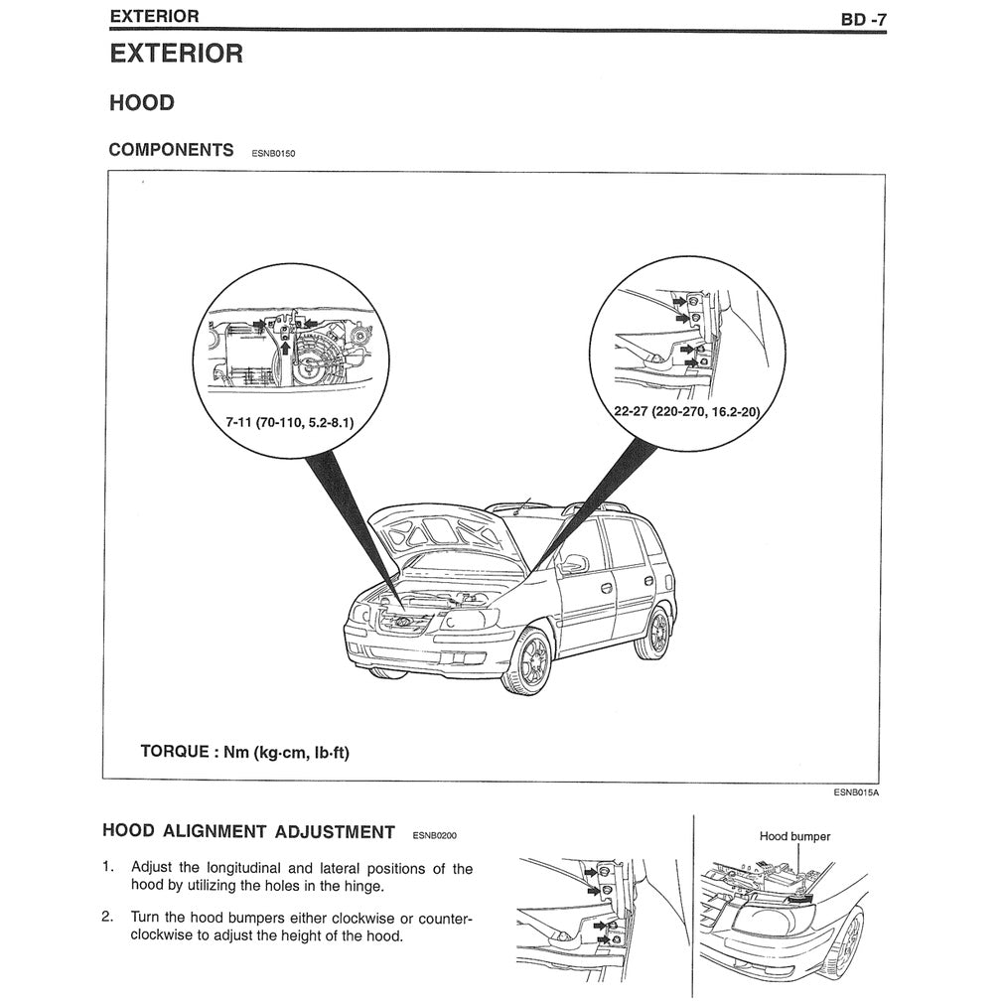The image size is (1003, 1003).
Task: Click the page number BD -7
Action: (x=862, y=18)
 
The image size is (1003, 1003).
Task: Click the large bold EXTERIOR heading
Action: (x=176, y=54)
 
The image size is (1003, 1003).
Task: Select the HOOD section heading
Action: (x=141, y=103)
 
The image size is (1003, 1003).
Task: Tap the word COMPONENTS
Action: (x=171, y=150)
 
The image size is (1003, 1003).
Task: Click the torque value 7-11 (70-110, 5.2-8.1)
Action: (x=289, y=422)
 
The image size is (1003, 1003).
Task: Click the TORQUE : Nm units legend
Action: (x=244, y=752)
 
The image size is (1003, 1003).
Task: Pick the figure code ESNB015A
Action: (x=857, y=793)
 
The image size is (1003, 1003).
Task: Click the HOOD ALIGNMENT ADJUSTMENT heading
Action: (x=248, y=832)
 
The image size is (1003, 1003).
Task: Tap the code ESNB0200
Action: (x=434, y=836)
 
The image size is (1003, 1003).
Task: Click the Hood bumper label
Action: (x=794, y=836)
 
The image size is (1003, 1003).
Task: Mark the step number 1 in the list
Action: (x=107, y=867)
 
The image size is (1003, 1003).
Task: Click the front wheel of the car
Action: (x=527, y=661)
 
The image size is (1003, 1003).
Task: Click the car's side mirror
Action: (x=573, y=565)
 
